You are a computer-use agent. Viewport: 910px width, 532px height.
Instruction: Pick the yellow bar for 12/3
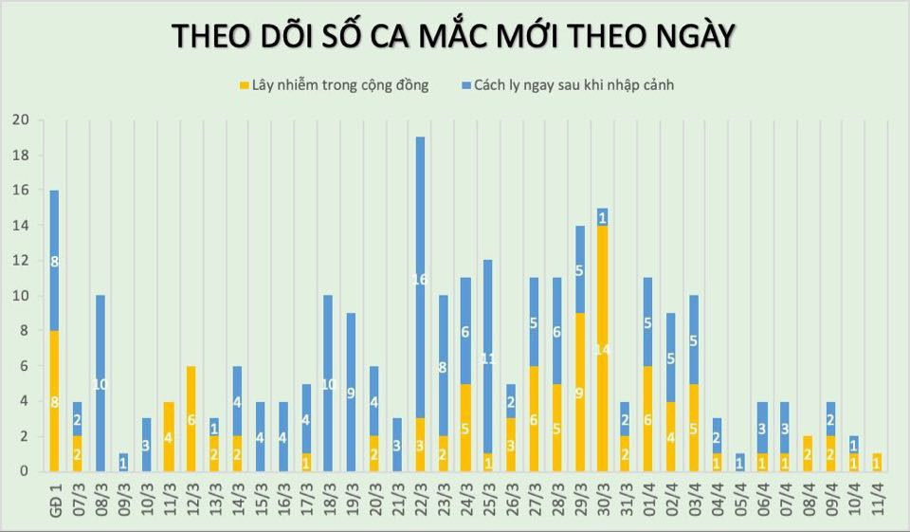point(191,418)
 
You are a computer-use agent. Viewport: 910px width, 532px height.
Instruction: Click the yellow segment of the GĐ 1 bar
point(54,400)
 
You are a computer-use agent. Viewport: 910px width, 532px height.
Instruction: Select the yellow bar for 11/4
point(878,462)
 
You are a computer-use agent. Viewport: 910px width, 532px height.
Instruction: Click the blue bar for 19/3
point(351,392)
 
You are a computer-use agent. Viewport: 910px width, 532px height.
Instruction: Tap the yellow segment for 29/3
point(580,392)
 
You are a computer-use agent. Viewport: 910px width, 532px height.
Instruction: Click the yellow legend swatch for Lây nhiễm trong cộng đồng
point(244,85)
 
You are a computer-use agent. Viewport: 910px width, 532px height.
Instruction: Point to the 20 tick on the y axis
point(20,119)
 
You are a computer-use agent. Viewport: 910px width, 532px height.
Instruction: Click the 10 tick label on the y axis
point(20,295)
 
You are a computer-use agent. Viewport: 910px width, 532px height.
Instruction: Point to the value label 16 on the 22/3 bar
point(420,280)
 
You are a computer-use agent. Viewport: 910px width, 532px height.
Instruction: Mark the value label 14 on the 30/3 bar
point(603,349)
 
